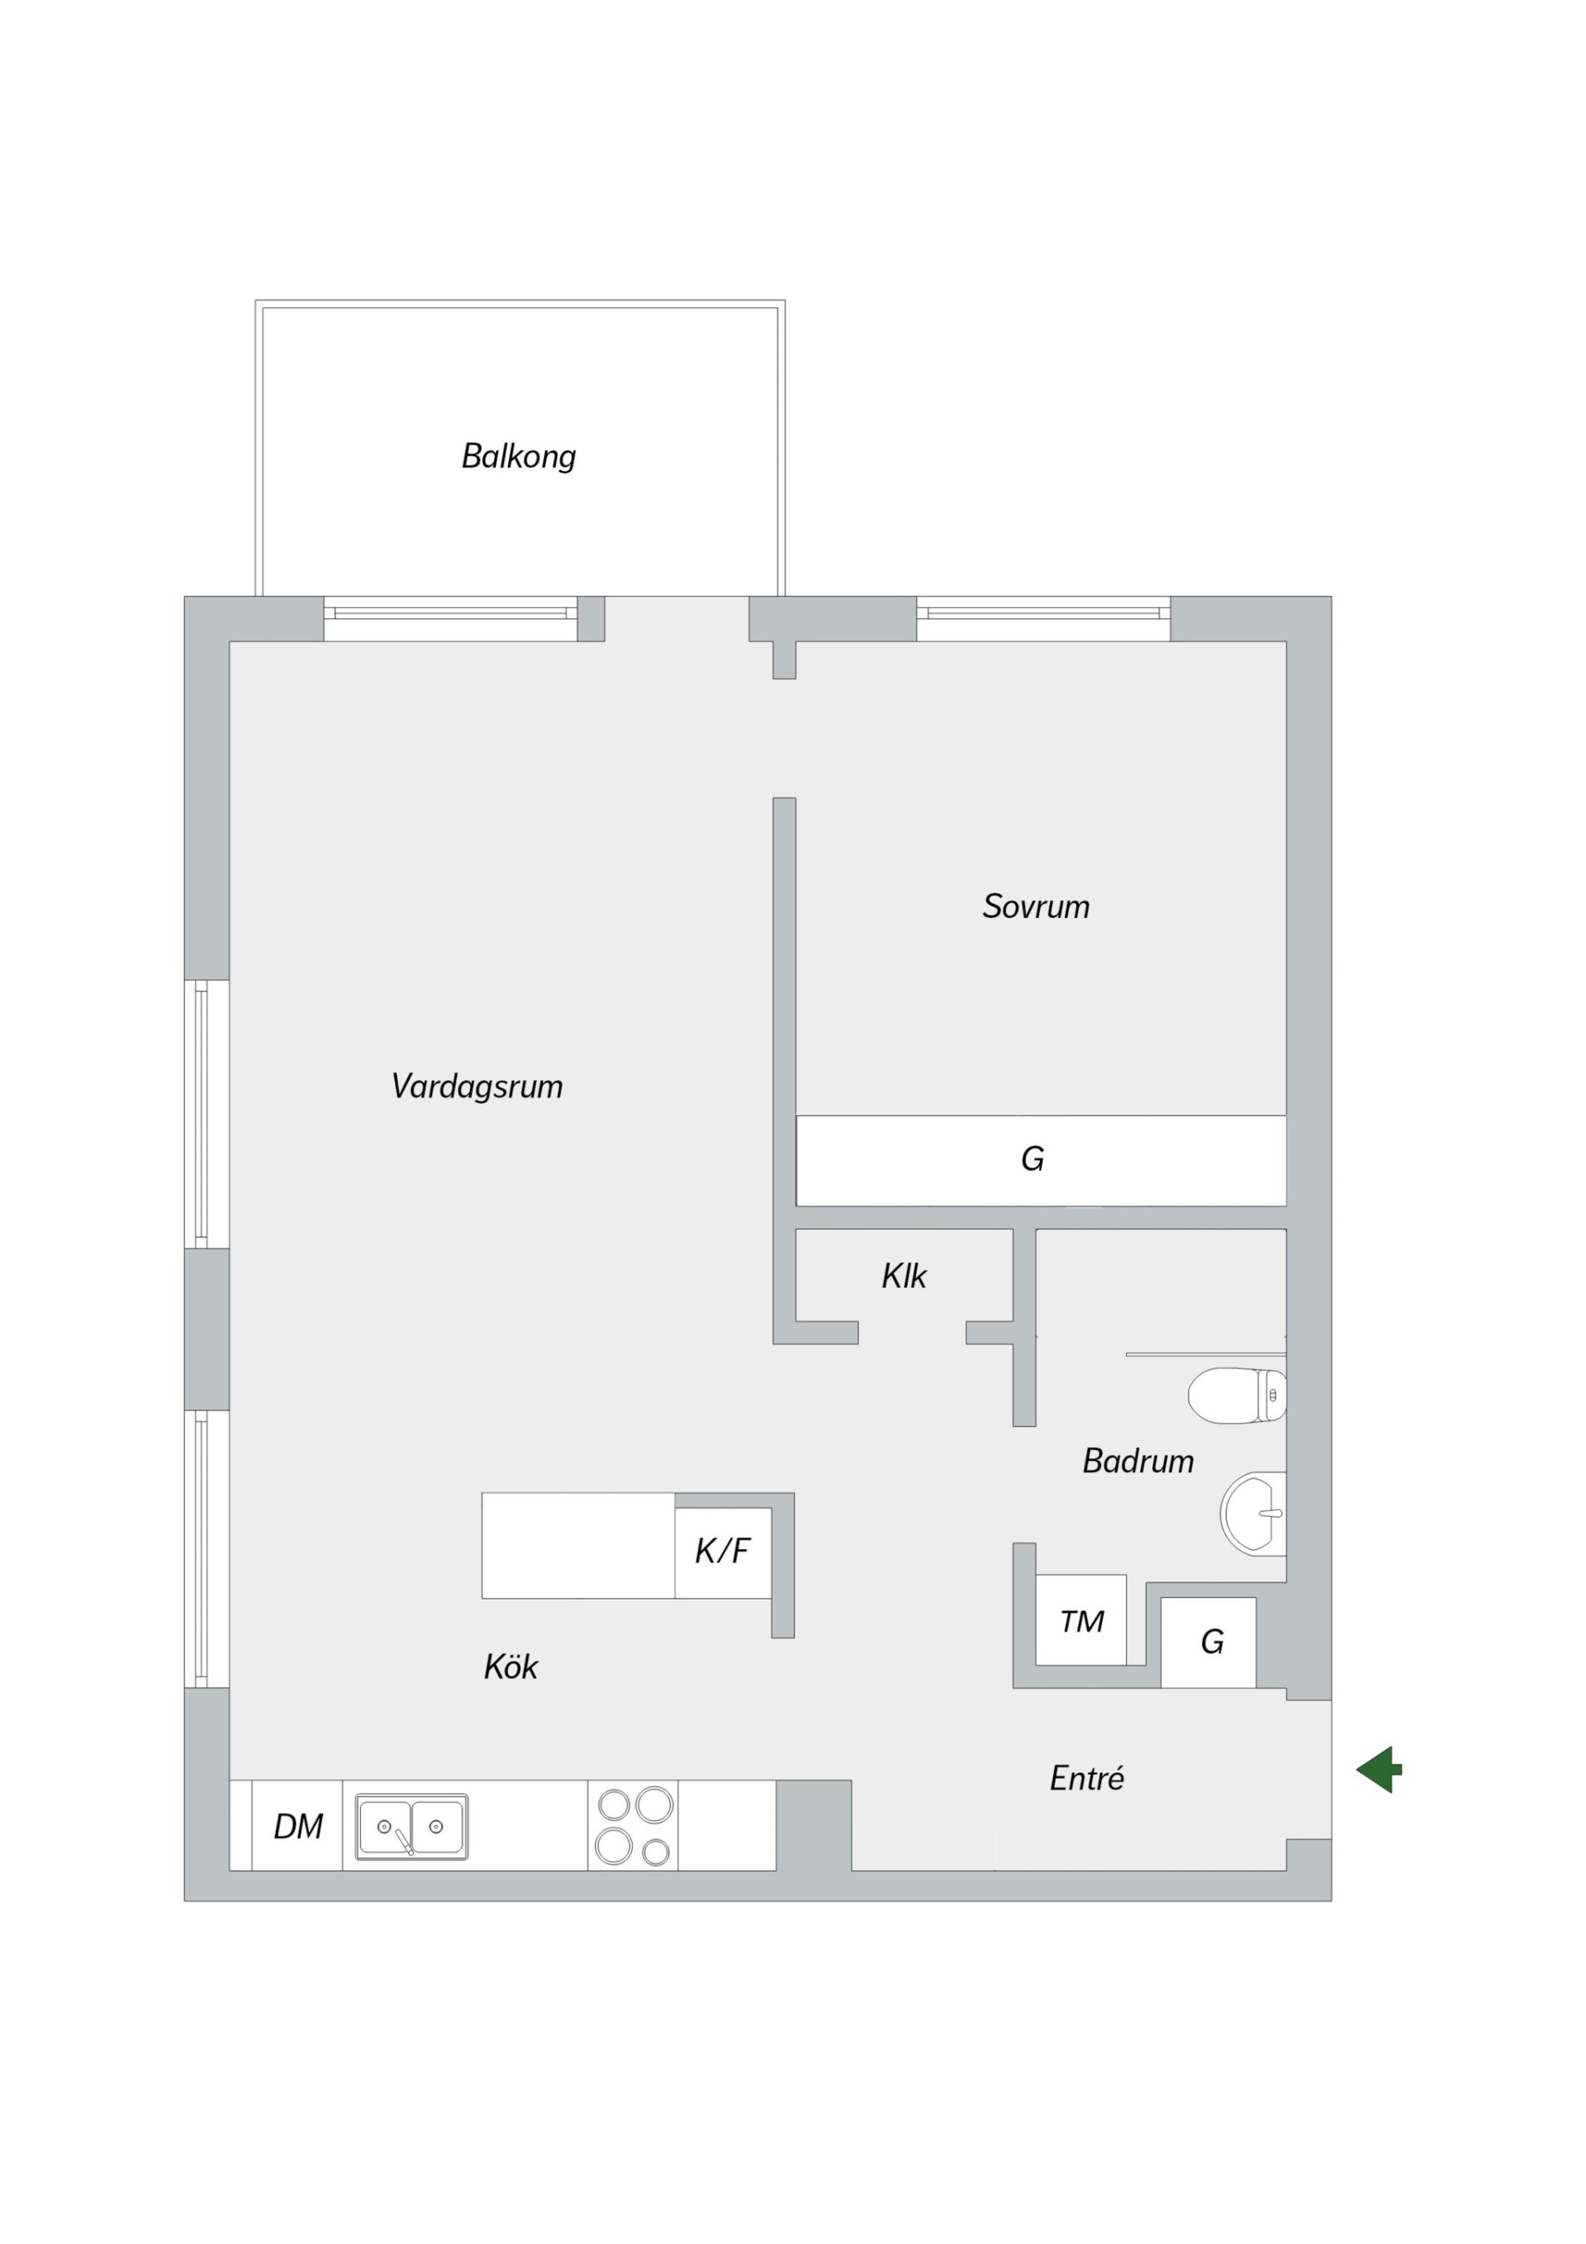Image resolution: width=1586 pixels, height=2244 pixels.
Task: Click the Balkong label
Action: pos(518,456)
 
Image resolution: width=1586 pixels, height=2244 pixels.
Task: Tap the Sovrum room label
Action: pos(1036,906)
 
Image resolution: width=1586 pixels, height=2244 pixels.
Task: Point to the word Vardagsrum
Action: pos(477,1086)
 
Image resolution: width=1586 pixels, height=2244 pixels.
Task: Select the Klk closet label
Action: pos(904,1276)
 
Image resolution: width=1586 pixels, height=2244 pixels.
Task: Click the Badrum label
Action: pos(1138,1461)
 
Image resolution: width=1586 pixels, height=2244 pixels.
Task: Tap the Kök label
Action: pos(511,1666)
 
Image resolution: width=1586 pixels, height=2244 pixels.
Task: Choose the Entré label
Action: pos(1086,1778)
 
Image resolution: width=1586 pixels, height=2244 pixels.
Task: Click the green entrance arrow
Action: pos(1379,1769)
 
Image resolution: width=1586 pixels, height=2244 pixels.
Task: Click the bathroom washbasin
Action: pos(1254,1513)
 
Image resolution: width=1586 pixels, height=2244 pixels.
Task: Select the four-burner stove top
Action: pos(634,1825)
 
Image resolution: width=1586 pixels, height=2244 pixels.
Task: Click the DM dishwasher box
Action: pos(297,1826)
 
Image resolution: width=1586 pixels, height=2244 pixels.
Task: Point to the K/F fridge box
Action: pos(723,1551)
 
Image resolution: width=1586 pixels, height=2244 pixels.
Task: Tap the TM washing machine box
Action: pos(1080,1621)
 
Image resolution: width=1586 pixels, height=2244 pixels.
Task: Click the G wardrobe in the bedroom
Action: pos(1041,1160)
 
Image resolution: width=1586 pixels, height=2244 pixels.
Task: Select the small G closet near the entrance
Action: pos(1208,1642)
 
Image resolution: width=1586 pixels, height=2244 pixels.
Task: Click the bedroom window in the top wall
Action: pos(1043,618)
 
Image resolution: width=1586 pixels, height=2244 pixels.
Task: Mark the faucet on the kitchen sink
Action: pos(405,1842)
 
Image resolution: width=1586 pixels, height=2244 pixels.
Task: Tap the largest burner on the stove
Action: pos(655,1804)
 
